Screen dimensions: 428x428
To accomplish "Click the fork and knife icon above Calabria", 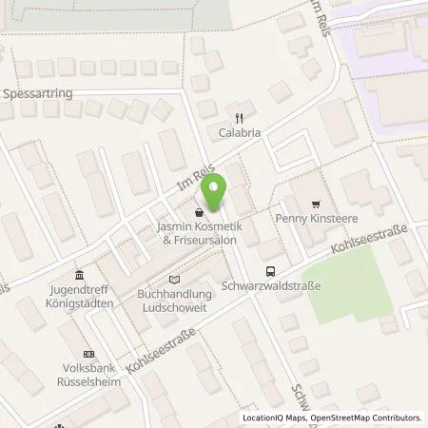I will coord(239,119).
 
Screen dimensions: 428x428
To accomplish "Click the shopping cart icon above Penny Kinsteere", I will coord(316,204).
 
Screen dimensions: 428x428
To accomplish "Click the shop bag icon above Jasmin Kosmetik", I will coord(198,212).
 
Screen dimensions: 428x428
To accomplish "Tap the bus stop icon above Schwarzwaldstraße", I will coord(272,270).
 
